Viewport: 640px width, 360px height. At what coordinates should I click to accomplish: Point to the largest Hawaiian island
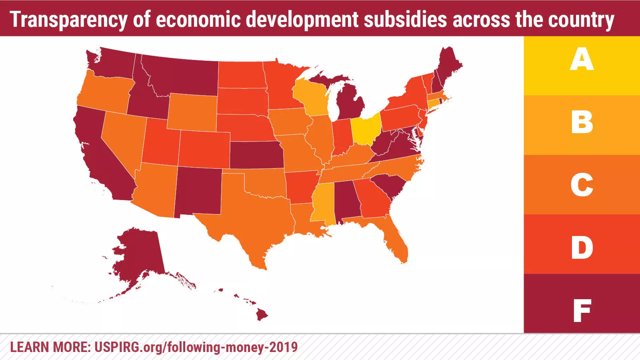262,315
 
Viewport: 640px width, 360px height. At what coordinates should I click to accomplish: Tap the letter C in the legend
582,185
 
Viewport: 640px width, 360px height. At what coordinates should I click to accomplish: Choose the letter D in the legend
582,248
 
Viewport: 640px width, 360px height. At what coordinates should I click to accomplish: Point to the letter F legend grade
582,310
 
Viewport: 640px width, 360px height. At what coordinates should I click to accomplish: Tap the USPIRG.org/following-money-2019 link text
196,347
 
